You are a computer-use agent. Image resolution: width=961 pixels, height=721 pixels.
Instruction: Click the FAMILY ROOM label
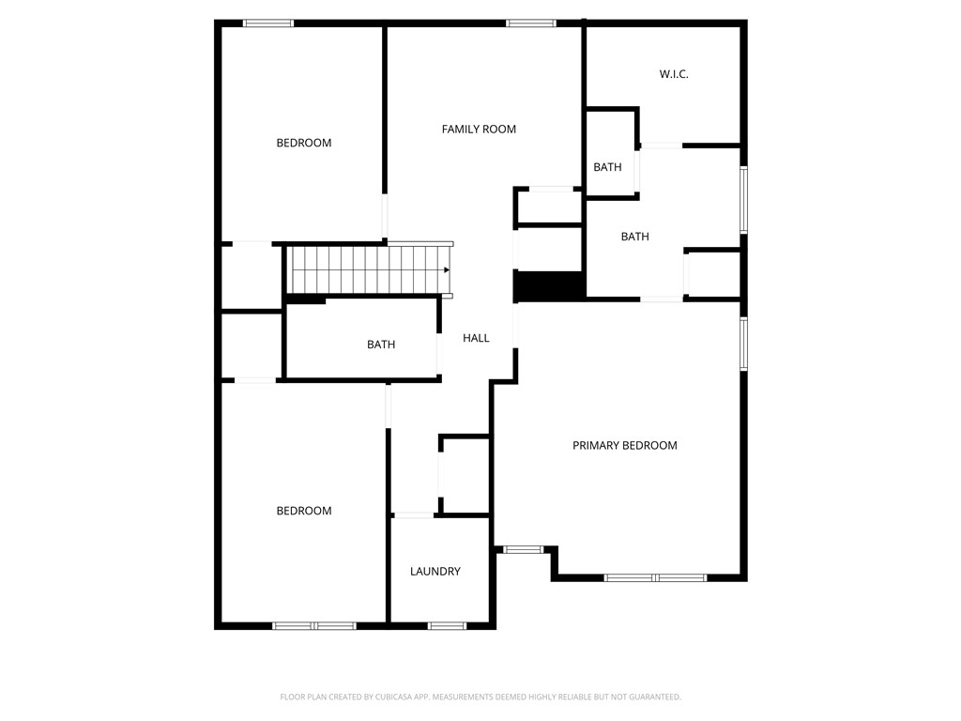(479, 130)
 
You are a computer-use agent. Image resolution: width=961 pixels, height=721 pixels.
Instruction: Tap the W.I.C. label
(674, 74)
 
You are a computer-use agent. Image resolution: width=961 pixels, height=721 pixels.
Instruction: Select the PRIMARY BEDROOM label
(624, 446)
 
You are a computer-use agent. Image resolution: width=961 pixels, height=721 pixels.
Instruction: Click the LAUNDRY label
(435, 572)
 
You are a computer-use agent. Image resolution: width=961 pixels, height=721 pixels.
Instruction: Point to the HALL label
(476, 338)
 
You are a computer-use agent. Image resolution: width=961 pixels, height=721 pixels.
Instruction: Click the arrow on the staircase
(447, 269)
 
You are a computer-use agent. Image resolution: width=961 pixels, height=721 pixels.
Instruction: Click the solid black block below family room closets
(549, 285)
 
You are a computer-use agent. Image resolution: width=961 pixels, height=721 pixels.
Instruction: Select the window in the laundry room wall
(447, 626)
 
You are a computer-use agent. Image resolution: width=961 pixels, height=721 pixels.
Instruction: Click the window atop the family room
(531, 23)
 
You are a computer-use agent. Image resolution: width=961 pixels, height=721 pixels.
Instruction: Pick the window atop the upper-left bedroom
(268, 23)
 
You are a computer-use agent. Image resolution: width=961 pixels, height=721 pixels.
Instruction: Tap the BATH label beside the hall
(381, 345)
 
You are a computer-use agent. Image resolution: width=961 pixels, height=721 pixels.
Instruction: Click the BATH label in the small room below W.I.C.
(607, 167)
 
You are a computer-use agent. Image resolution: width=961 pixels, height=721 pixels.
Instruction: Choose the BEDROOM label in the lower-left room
(304, 511)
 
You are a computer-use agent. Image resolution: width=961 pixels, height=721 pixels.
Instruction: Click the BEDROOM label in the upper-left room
(304, 143)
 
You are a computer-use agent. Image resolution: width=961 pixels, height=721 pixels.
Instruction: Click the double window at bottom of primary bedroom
(655, 577)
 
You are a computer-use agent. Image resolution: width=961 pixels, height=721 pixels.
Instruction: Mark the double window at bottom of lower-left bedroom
(314, 626)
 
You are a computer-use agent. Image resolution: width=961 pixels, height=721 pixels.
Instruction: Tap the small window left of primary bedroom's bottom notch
(523, 549)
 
